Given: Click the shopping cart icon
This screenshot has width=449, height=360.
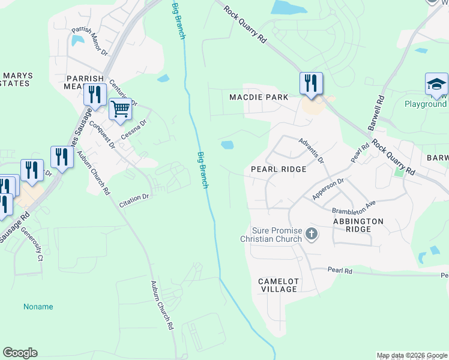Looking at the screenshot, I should click(120, 109).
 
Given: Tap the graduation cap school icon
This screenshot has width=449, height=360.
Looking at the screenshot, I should click(436, 84).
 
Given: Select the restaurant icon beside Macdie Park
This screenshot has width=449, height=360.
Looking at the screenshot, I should click(311, 83).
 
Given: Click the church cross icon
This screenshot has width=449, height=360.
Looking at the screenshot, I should click(311, 233).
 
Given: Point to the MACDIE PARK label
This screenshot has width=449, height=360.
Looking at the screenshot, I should click(259, 97).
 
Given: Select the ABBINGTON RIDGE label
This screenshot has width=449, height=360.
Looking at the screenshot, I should click(358, 225).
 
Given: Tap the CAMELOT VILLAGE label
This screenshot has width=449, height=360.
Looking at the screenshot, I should click(278, 285).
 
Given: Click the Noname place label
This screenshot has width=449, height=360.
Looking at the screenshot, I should click(38, 307).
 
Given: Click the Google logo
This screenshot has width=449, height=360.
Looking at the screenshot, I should click(20, 353).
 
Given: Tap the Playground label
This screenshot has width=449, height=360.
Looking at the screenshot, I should click(426, 104).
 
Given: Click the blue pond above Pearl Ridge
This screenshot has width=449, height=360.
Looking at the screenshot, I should click(227, 145).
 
